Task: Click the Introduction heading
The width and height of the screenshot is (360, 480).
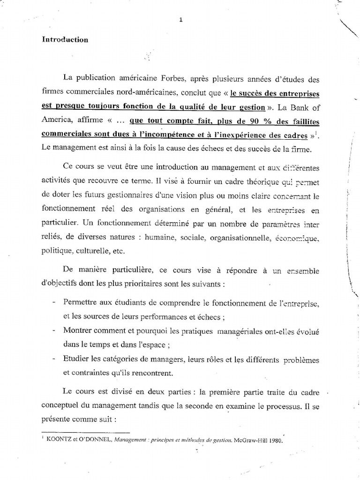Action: (65, 40)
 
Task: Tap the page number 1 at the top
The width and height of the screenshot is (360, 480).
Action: (180, 19)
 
